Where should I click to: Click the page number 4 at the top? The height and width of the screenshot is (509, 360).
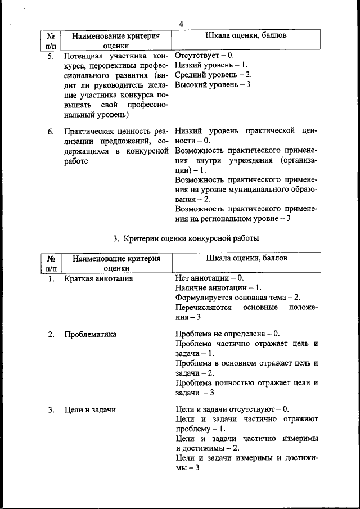pos(181,24)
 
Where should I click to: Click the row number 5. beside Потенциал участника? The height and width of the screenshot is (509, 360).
pos(51,57)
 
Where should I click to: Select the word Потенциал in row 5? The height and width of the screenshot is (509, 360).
pos(85,57)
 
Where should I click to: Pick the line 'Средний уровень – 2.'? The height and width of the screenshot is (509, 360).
pos(213,75)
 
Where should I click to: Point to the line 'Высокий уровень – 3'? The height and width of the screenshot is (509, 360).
pos(213,84)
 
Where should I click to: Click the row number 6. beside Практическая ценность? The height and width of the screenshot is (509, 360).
pos(51,132)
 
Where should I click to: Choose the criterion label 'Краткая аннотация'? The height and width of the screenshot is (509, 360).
pos(98,278)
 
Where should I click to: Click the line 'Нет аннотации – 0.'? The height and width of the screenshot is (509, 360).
pos(209,278)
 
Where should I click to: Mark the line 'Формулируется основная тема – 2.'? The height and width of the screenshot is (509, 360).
pos(238,297)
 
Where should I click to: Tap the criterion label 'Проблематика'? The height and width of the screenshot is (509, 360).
pos(90,334)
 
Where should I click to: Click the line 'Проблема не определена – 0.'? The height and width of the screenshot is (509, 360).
pos(227,334)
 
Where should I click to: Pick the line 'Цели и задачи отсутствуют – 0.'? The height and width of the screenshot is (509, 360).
pos(232,409)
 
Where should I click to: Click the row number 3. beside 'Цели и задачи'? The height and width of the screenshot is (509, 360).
pos(51,409)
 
